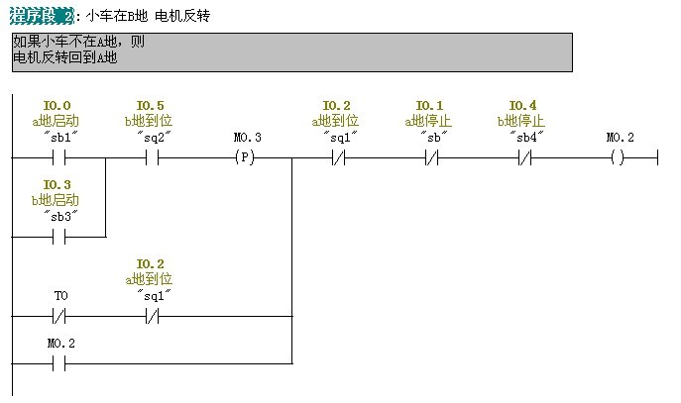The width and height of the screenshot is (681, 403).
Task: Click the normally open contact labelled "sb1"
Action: tap(57, 158)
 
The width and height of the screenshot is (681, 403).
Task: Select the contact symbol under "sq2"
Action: tap(151, 158)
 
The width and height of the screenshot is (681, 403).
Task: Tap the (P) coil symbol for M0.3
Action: tap(245, 158)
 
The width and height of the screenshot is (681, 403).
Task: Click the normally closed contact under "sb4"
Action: tap(523, 158)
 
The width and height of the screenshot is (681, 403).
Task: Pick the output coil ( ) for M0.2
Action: tap(619, 158)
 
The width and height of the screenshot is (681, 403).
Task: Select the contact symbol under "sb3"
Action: tap(57, 238)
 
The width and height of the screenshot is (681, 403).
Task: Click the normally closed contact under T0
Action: tap(57, 317)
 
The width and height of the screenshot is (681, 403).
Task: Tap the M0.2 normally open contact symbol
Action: tap(57, 363)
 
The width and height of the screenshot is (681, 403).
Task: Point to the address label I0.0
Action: tap(57, 106)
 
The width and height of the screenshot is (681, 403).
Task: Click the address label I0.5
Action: tap(151, 106)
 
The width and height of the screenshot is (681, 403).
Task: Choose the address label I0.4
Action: tap(523, 106)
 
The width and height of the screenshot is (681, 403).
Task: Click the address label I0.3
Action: tap(57, 185)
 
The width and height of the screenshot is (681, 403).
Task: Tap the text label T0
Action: tap(59, 296)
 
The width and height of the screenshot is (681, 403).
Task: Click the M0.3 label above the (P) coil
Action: tap(247, 138)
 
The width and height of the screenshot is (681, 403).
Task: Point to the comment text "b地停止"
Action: tap(522, 121)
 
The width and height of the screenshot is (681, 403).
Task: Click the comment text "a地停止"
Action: tap(429, 121)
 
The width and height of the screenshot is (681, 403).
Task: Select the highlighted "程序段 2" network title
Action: tap(41, 17)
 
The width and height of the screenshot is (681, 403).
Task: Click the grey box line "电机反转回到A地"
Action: tap(65, 57)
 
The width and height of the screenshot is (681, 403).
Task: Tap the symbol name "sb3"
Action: tap(58, 215)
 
